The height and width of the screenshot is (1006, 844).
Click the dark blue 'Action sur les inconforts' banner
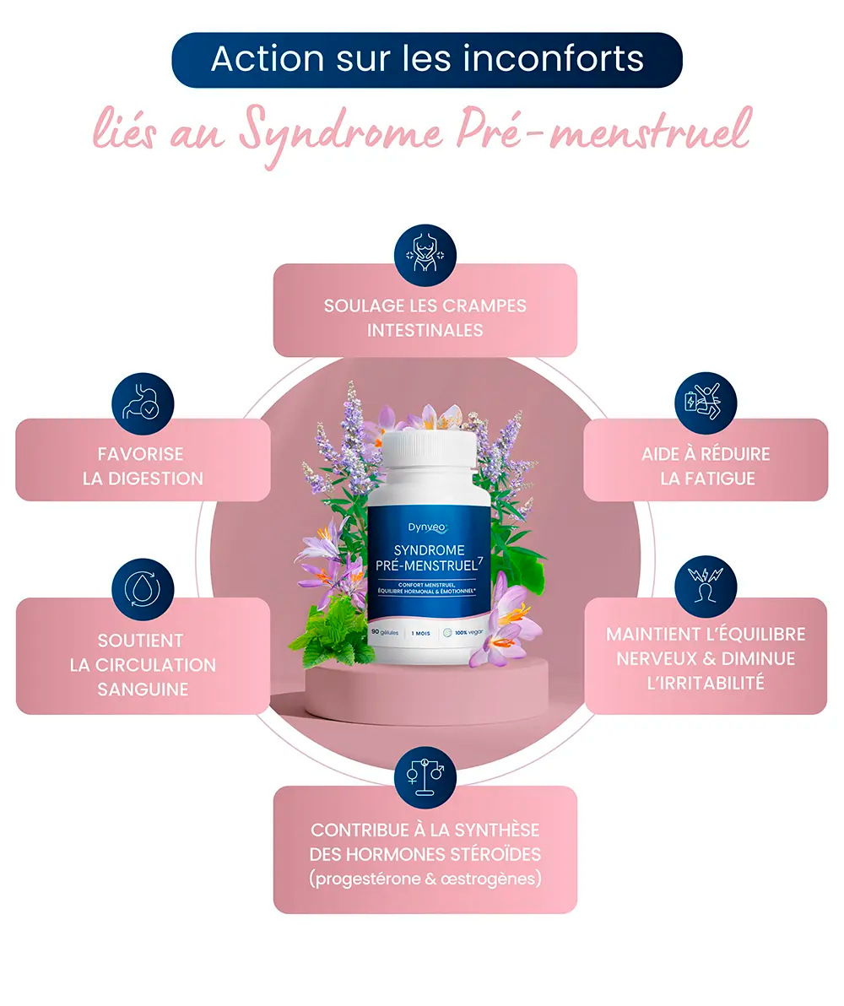[x=426, y=59]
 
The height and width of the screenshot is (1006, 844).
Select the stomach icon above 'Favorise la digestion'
[x=143, y=403]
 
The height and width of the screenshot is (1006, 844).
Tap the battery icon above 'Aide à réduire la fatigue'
[x=706, y=403]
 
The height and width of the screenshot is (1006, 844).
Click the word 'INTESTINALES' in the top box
[x=425, y=330]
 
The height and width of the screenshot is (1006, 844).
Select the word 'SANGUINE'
[x=143, y=689]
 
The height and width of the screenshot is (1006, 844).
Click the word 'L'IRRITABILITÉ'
[x=706, y=683]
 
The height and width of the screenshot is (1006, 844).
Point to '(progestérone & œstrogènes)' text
[x=425, y=879]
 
